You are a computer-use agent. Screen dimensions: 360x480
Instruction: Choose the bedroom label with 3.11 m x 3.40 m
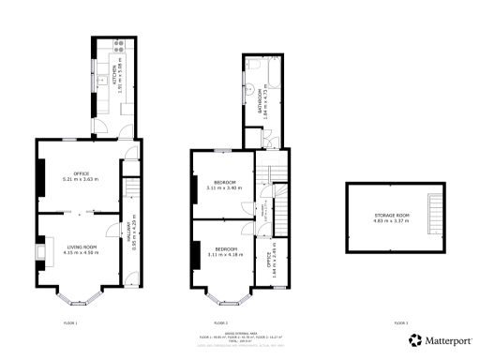224,185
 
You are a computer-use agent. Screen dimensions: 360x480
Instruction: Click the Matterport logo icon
413,340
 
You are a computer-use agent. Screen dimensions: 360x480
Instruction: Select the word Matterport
447,340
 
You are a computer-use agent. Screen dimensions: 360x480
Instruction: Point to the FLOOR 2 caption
221,322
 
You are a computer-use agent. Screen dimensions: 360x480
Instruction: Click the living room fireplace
39,250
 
